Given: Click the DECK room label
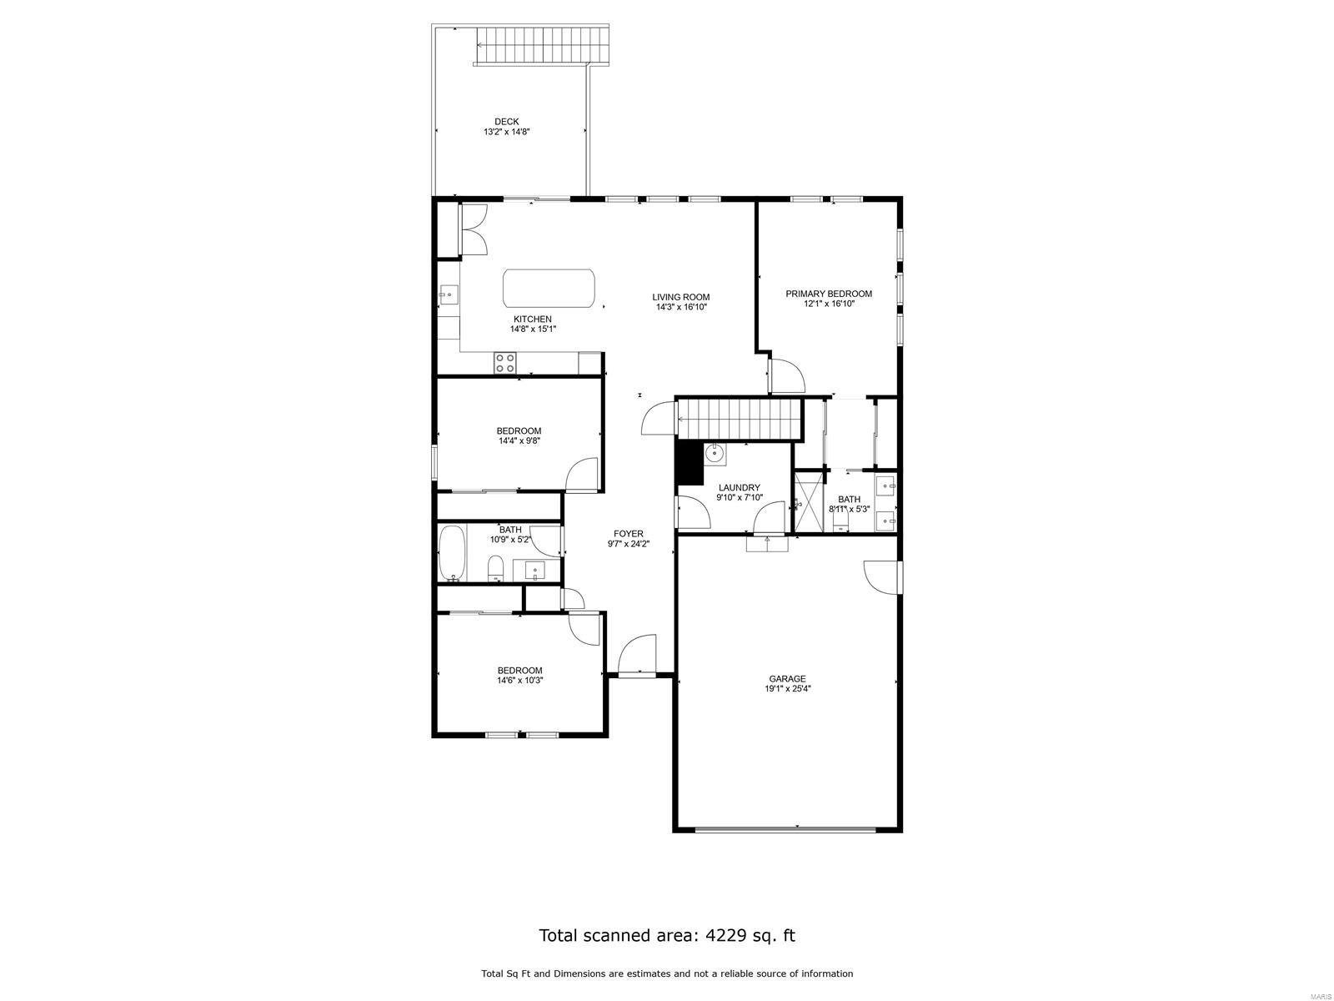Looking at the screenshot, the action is (x=506, y=122).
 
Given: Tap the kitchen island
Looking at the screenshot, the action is (x=549, y=288).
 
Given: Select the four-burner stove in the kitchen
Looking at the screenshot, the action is (x=505, y=363).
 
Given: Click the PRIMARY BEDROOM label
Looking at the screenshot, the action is (x=829, y=294).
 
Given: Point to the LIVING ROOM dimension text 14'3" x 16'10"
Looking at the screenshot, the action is (x=681, y=307).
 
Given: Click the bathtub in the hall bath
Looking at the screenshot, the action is (x=452, y=553).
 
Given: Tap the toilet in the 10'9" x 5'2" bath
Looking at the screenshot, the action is (x=496, y=568).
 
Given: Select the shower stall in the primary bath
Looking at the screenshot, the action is (x=810, y=502).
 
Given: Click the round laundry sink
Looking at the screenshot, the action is (x=715, y=454).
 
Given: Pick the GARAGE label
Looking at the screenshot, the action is (x=787, y=679).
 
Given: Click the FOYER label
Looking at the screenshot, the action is (x=629, y=534).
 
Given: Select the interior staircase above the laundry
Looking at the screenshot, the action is (x=740, y=418).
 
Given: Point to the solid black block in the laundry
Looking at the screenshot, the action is (x=690, y=462).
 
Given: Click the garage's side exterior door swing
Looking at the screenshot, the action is (x=882, y=576).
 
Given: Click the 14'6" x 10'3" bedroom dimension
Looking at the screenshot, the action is (x=519, y=680).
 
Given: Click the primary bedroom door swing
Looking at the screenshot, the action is (x=786, y=376).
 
